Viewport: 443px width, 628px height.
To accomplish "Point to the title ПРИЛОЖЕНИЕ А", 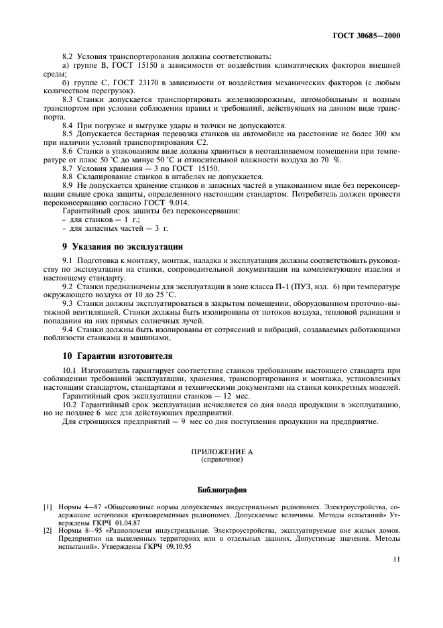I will click(221, 453).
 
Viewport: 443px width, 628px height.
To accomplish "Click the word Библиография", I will click(221, 490).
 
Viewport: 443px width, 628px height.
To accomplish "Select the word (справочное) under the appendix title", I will click(221, 461).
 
